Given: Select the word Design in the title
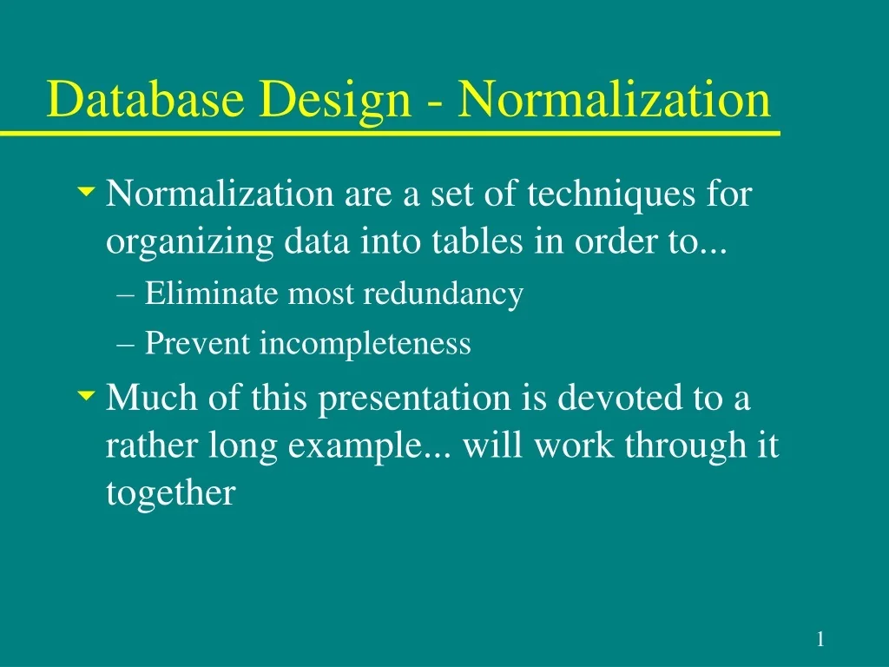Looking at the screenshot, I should [333, 101].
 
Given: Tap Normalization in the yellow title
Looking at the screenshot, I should [614, 99].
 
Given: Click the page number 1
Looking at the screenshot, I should [820, 640].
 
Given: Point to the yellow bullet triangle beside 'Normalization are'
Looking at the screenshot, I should [85, 189].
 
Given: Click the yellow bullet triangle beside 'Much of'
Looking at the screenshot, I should [85, 396].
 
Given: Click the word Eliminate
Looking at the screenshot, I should [214, 294].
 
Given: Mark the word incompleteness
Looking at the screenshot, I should [365, 345].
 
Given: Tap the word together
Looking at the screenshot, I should [170, 493].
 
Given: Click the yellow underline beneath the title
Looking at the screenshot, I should [391, 134].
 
